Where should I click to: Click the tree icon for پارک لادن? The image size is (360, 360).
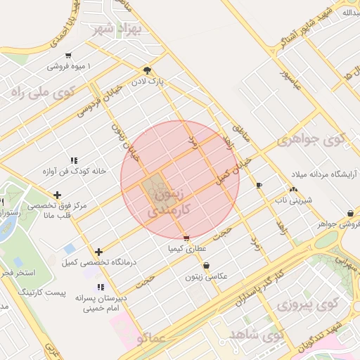coord(147,70)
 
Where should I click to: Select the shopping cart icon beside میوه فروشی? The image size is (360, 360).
coord(67,56)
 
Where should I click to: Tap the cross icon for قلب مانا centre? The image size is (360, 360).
coord(57,195)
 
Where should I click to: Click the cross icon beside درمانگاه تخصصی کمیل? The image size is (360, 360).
coord(98,252)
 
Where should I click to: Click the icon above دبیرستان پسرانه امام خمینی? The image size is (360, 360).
coord(101,287)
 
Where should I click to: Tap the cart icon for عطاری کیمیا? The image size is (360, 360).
coord(186,238)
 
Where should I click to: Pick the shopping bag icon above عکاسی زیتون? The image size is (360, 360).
coord(206,266)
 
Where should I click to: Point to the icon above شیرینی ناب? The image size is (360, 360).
coord(293,188)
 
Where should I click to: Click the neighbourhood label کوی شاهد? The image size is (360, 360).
coord(257,334)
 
